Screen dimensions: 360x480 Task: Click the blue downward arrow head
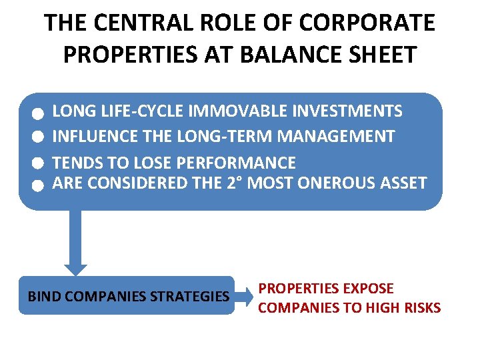coord(75,266)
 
